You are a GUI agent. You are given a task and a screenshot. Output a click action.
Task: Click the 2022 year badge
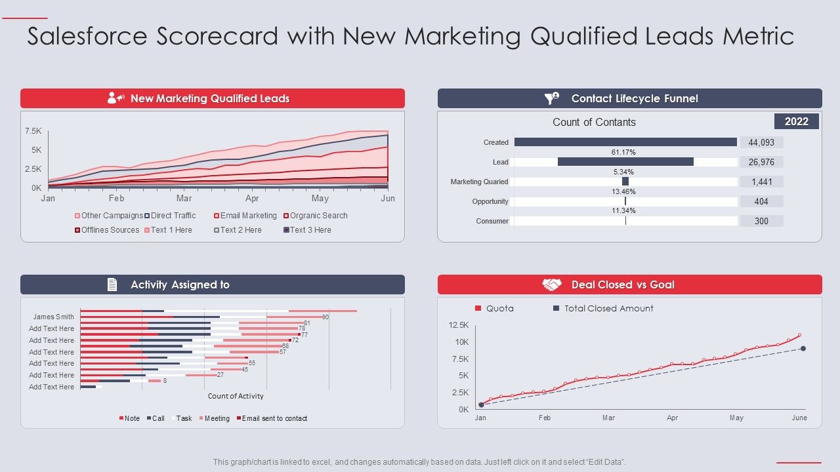pos(797,121)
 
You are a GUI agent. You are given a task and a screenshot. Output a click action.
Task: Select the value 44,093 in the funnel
pos(761,142)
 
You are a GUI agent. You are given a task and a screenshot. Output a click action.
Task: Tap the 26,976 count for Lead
pos(761,162)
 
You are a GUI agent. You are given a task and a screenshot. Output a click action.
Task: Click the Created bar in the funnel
pos(625,142)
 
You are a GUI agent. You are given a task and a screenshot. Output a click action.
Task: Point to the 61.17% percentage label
pos(623,152)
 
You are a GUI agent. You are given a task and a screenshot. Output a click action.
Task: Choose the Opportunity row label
pos(490,202)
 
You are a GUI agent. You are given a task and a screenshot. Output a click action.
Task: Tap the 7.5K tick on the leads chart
pos(33,131)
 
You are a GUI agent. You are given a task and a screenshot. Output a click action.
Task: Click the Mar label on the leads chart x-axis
pos(184,199)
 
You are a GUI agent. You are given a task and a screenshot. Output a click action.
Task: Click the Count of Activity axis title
pos(236,396)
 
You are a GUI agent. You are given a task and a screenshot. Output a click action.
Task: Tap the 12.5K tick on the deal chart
pos(459,325)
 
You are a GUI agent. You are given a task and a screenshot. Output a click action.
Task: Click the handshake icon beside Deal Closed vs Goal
pos(552,285)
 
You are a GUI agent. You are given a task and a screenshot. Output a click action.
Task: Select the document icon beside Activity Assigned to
pos(112,285)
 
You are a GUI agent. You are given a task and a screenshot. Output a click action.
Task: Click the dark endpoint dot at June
pos(803,349)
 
